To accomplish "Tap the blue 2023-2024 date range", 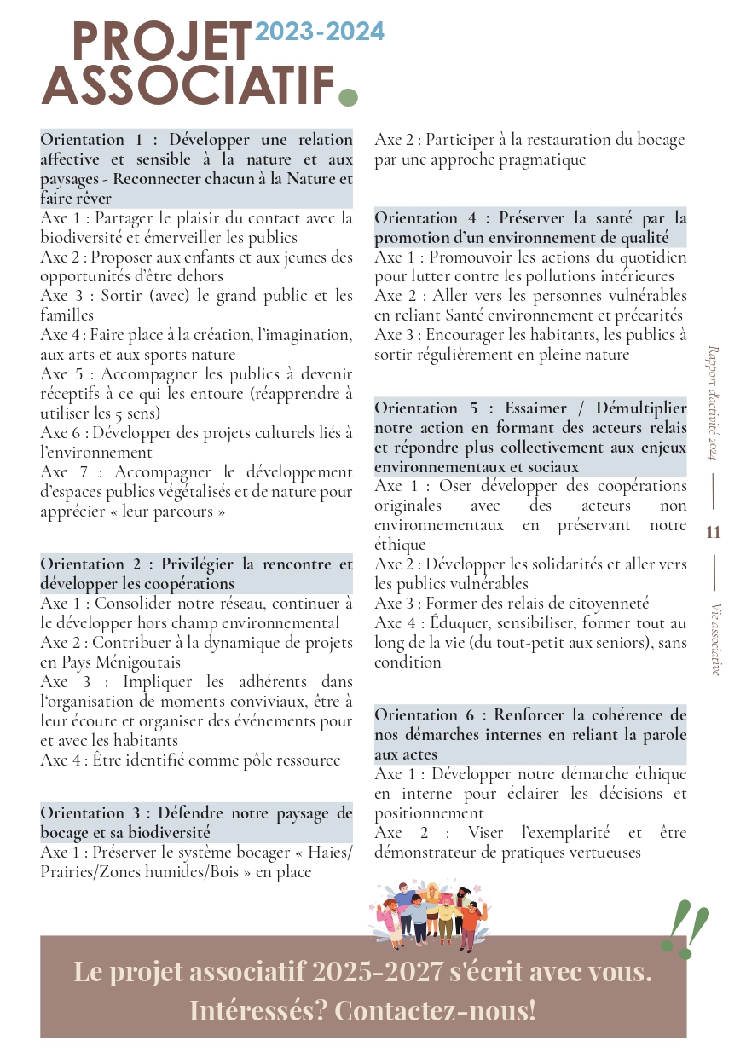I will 320,32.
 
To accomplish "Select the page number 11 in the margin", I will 714,533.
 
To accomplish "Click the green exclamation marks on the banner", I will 687,928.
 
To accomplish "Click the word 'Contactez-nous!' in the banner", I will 436,1010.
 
